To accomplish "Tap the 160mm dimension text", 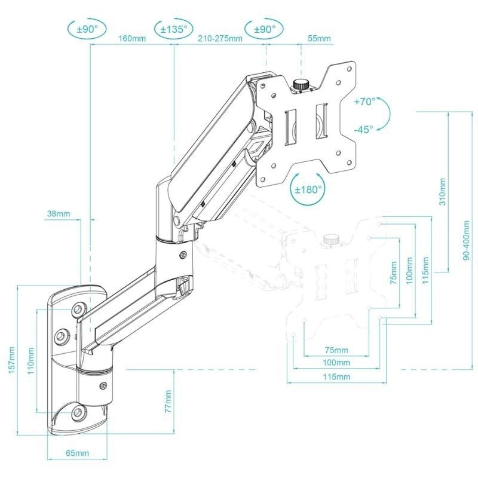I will click(x=132, y=40).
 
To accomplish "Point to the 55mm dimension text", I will click(x=319, y=39).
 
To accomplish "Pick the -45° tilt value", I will click(x=363, y=128).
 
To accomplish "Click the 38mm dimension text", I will click(x=58, y=213).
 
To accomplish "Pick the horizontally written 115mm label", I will click(x=335, y=377).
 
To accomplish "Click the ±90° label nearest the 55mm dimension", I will click(x=263, y=28).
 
